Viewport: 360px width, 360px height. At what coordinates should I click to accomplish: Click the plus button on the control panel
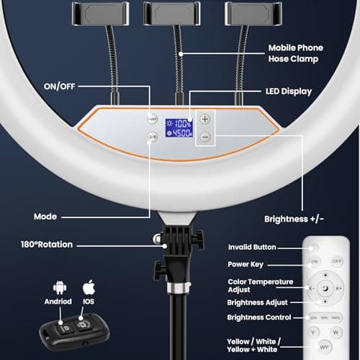pos(206,119)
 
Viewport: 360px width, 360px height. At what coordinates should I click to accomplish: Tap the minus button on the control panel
pos(206,136)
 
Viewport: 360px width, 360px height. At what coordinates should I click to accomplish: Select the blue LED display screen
pos(178,127)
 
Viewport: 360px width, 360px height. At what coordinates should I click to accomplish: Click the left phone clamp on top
pos(99,12)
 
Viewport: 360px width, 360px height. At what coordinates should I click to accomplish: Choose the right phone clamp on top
pos(248,12)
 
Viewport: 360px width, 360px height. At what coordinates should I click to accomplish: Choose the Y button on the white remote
pos(315,332)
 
